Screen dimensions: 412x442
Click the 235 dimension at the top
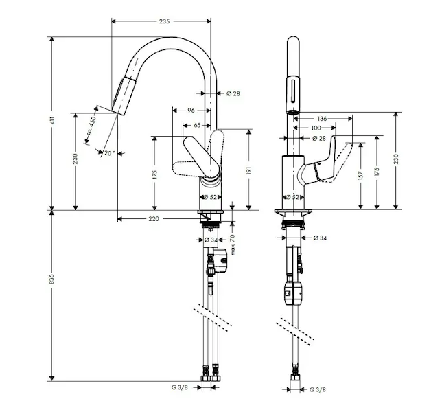[164, 22]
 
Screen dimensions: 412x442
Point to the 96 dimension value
[191, 110]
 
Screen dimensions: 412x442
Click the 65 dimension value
[198, 125]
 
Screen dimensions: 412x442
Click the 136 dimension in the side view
[322, 119]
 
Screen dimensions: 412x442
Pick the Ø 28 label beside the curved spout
[232, 93]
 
